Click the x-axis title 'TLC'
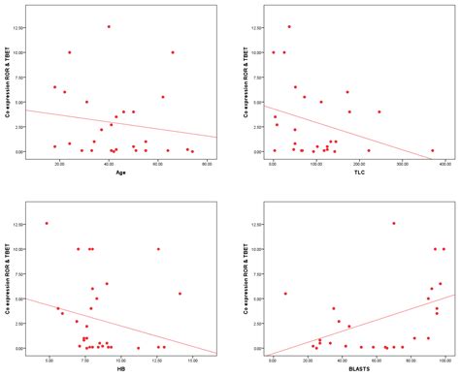[347, 173]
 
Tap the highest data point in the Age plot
[109, 27]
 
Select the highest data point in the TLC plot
[289, 27]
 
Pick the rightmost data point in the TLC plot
[432, 150]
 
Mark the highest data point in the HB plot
[46, 224]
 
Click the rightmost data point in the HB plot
[180, 294]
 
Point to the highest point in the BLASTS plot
[393, 224]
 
